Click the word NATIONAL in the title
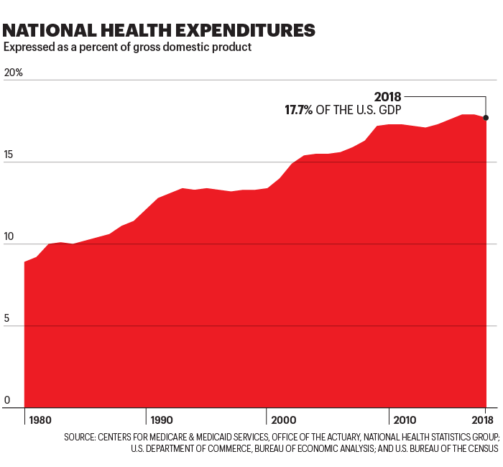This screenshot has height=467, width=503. pos(50,30)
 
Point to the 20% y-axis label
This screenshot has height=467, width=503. pos(14,73)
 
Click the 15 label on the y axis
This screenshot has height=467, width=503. pos(9,155)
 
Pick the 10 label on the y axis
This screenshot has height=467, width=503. pos(9,237)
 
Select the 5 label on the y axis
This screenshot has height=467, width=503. pos(6,319)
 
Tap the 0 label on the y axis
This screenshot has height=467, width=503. pos(6,400)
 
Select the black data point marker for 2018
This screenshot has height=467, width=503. pos(486,118)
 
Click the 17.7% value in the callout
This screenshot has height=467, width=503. pos(299,111)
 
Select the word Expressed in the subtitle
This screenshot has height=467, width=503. pos(27,47)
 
